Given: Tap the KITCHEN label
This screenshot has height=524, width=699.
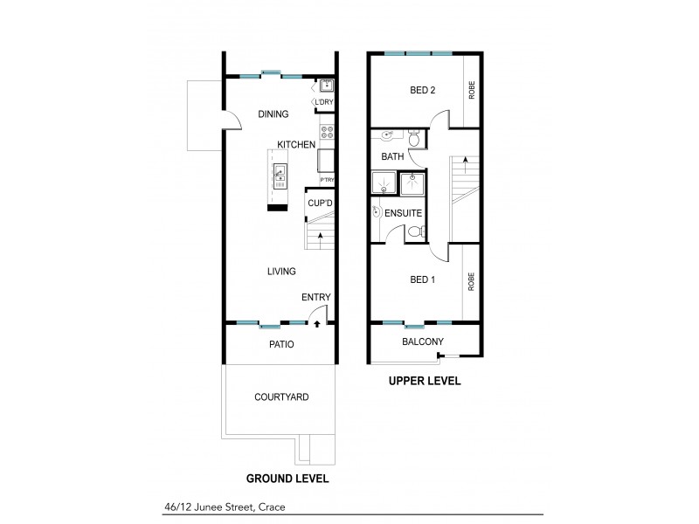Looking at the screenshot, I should click(x=296, y=144).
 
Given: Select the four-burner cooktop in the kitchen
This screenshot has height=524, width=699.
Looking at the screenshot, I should click(x=328, y=133).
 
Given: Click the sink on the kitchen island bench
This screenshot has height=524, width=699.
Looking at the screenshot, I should click(x=280, y=176).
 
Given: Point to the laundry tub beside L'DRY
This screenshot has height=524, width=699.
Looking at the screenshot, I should click(x=326, y=86).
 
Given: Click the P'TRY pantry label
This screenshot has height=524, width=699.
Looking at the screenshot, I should click(x=328, y=180).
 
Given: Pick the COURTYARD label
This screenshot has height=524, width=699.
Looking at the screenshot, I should click(x=281, y=396).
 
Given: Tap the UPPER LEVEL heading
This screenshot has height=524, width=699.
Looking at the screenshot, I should click(x=425, y=382).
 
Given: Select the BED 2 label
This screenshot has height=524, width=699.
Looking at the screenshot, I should click(x=423, y=90).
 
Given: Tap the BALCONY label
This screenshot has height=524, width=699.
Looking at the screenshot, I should click(x=423, y=341).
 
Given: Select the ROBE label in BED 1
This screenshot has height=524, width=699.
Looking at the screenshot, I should click(x=471, y=282).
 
